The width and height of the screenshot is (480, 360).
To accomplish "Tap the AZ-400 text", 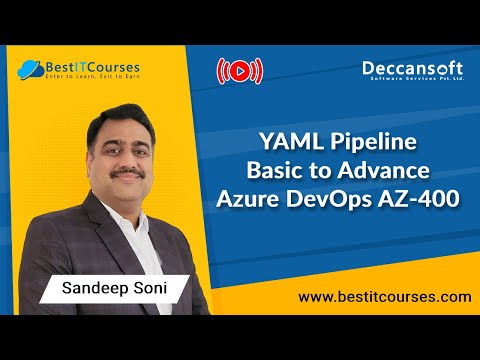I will [x=421, y=200].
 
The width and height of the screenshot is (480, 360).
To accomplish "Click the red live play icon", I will [x=239, y=71].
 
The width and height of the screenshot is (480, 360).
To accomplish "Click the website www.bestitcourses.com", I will [x=384, y=297].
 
